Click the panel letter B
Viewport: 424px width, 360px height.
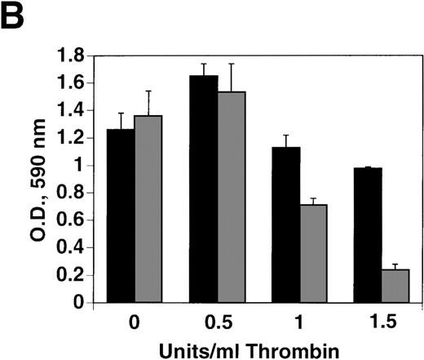(x=18, y=19)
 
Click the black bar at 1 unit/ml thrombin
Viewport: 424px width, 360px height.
(x=286, y=224)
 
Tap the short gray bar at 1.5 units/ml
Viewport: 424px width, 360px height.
(x=397, y=286)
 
